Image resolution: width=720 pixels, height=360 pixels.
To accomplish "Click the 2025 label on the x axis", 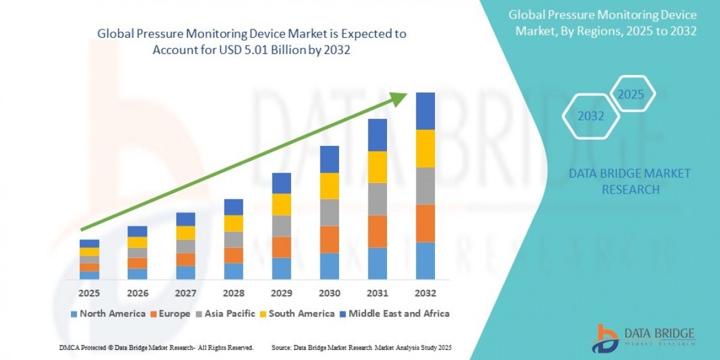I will pyautogui.click(x=89, y=293).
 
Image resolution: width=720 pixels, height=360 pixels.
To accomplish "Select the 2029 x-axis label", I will pyautogui.click(x=281, y=293).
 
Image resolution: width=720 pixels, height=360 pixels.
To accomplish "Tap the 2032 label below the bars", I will pyautogui.click(x=425, y=293).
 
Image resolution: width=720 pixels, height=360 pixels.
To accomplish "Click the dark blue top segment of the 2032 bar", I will pyautogui.click(x=425, y=111).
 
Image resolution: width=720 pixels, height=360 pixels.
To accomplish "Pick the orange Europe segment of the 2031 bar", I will pyautogui.click(x=377, y=231).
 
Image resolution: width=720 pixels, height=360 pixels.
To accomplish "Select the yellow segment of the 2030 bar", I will pyautogui.click(x=329, y=186).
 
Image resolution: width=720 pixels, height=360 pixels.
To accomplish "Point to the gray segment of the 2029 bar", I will pyautogui.click(x=281, y=226).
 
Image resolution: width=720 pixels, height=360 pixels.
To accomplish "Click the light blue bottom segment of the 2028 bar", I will pyautogui.click(x=233, y=271).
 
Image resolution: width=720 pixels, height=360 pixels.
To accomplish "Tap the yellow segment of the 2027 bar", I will pyautogui.click(x=185, y=233).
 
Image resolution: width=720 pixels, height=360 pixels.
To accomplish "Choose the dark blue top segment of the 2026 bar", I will pyautogui.click(x=137, y=231).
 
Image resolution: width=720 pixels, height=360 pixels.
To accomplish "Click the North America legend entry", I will pyautogui.click(x=108, y=313).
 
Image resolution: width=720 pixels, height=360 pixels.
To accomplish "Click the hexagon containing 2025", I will pyautogui.click(x=631, y=95).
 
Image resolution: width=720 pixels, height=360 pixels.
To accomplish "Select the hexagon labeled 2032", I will pyautogui.click(x=590, y=116).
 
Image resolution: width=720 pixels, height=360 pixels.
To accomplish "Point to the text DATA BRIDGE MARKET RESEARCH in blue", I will pyautogui.click(x=629, y=181).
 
